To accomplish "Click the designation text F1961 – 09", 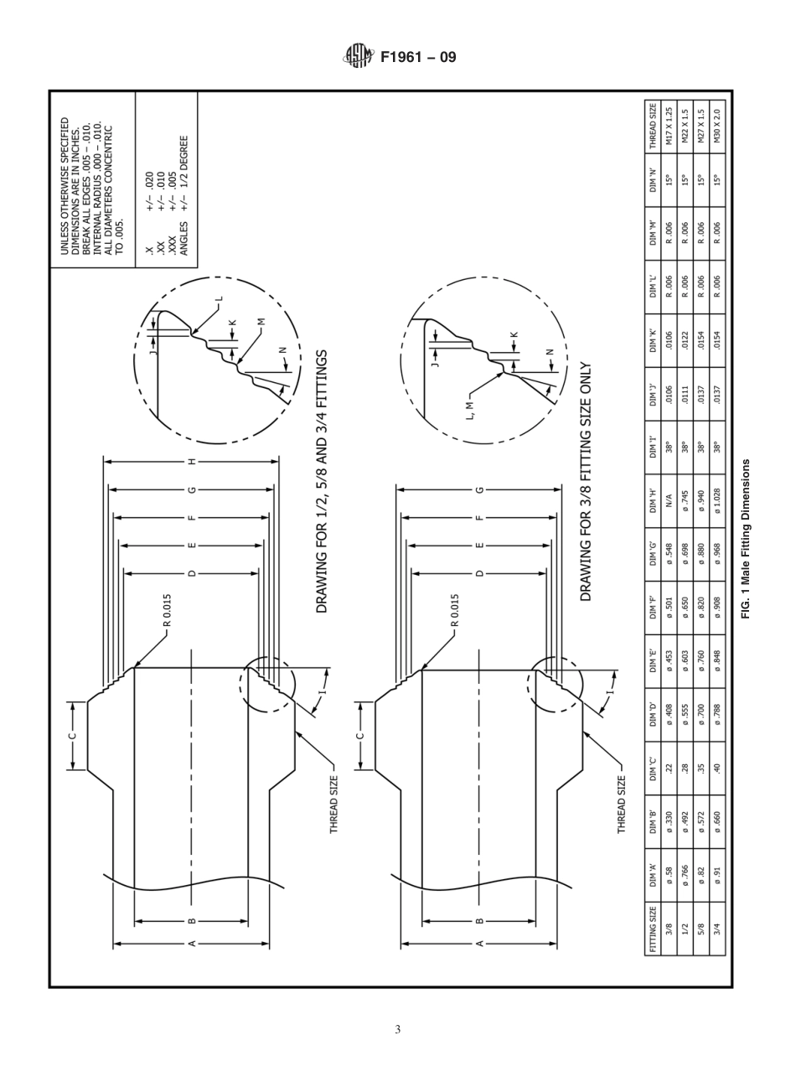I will click(x=418, y=58).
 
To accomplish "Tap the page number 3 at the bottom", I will click(x=398, y=1029).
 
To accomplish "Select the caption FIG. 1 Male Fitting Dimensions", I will click(x=746, y=539).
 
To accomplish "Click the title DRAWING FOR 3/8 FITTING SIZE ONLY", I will click(x=587, y=482).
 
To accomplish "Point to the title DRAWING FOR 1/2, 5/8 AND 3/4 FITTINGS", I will click(x=322, y=481).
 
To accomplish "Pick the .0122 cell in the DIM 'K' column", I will click(x=685, y=342).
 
